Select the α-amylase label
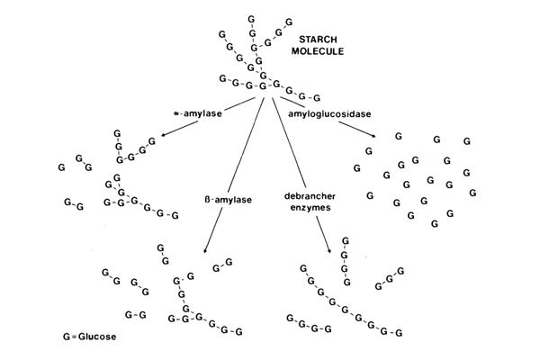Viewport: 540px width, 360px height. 198,114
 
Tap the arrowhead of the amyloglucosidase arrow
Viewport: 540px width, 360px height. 373,137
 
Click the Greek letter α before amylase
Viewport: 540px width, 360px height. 177,115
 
